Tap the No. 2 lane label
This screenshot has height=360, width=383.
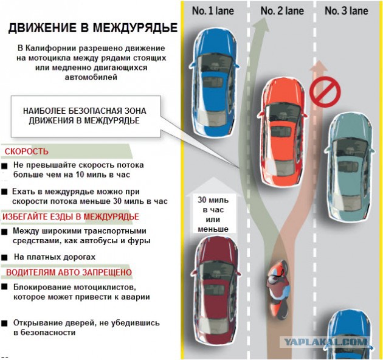(282, 10)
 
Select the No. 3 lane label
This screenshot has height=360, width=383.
(347, 10)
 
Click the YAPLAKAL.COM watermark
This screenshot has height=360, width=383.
(325, 342)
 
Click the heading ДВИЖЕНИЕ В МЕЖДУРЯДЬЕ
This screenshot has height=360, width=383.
(93, 29)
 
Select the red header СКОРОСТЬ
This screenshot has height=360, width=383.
(27, 151)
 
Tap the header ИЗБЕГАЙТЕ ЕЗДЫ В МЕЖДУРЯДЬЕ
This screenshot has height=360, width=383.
(71, 216)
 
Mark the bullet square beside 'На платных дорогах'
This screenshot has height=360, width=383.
(5, 258)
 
